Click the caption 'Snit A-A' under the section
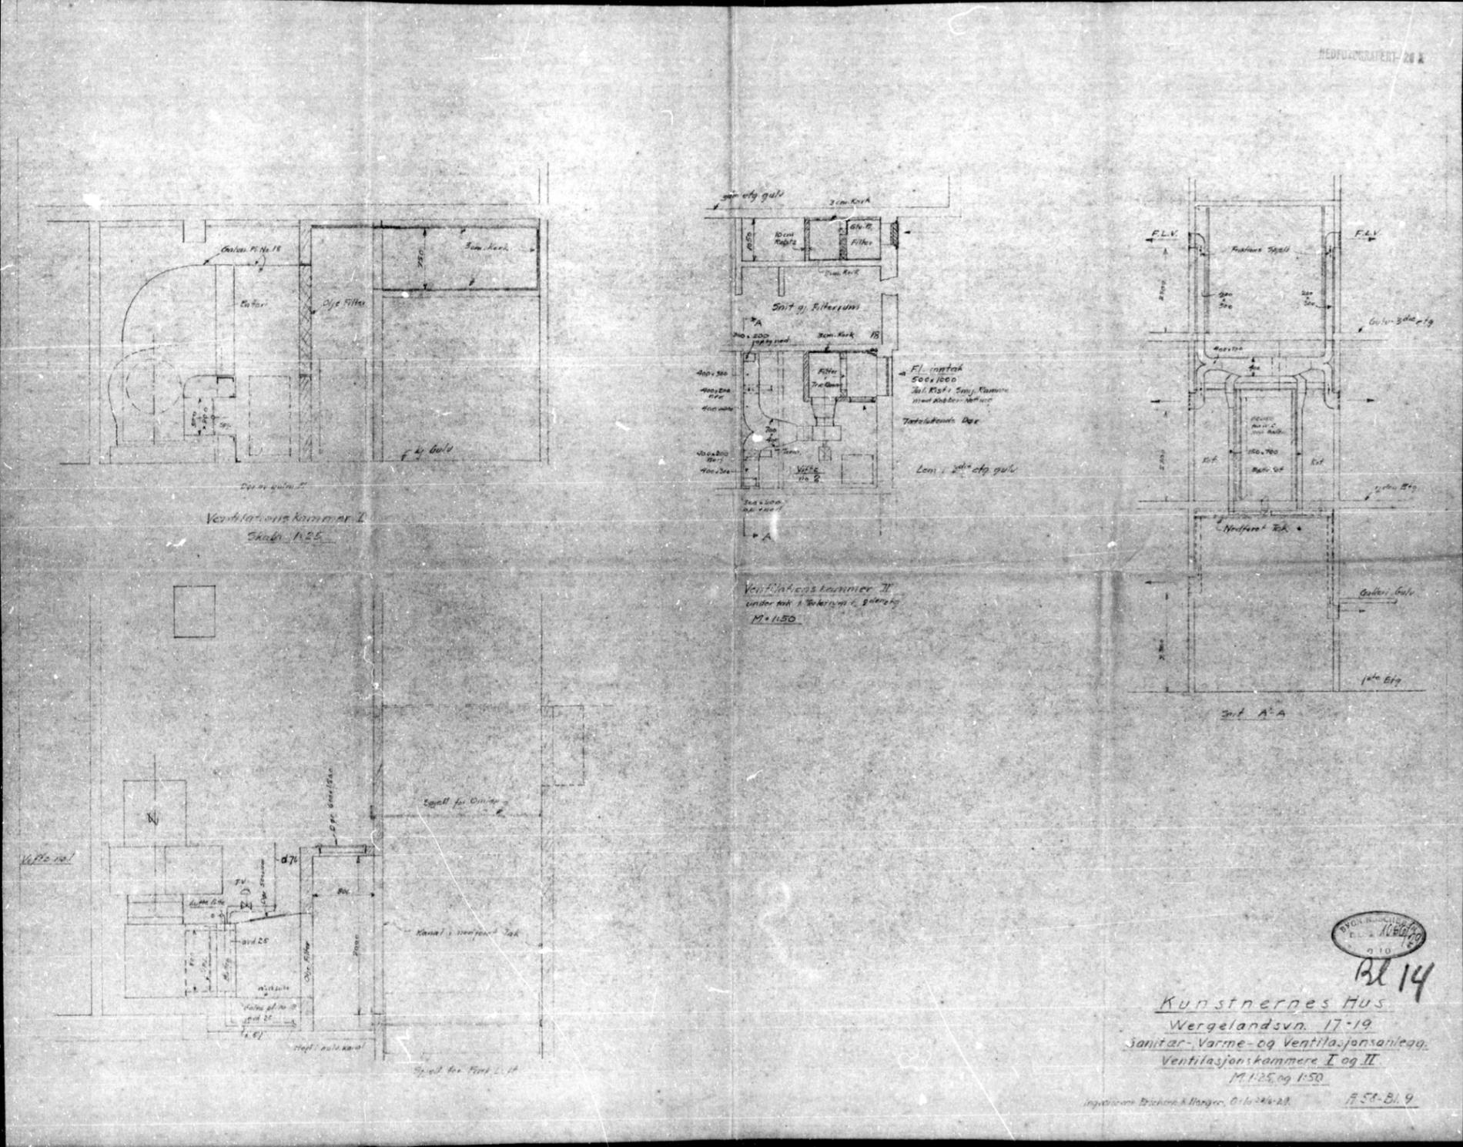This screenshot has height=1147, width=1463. tap(1256, 714)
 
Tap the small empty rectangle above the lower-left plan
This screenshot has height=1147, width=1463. tap(194, 611)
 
